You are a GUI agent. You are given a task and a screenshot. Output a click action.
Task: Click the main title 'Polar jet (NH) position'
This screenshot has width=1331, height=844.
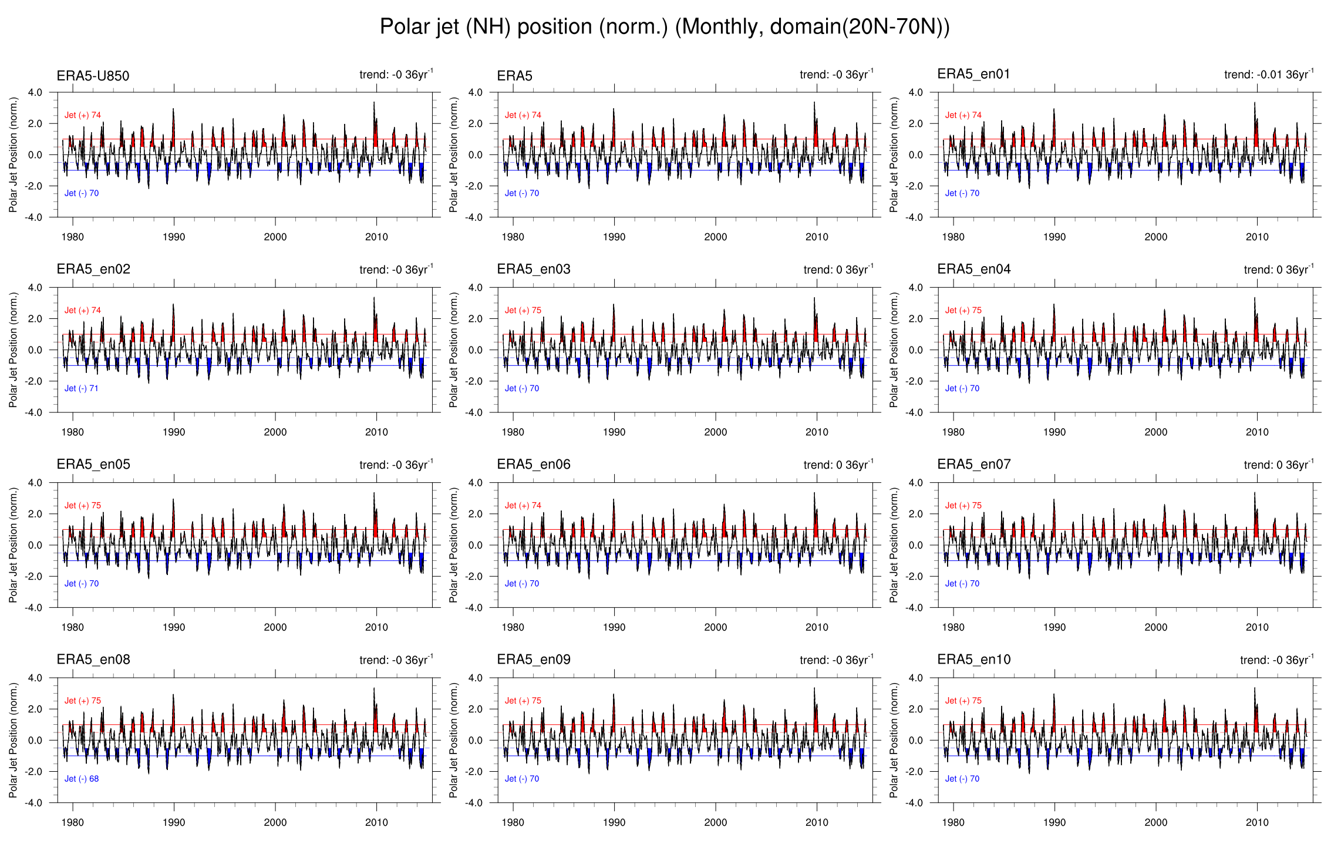point(664,27)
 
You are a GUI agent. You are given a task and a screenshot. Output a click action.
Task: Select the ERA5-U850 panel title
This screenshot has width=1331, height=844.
point(93,76)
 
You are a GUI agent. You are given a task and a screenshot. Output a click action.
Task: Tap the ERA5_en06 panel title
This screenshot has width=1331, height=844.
point(533,465)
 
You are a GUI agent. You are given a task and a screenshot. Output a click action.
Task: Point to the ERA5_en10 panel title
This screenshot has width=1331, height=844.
point(973,660)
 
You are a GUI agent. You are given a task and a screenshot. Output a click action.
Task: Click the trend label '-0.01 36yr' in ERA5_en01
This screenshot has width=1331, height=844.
point(1268,75)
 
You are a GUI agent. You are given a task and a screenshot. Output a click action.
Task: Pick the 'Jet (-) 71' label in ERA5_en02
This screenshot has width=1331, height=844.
point(81,388)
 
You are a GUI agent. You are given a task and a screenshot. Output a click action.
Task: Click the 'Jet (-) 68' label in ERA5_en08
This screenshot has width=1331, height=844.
point(81,779)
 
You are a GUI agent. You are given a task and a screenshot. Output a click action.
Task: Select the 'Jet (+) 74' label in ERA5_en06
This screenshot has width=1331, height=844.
point(523,505)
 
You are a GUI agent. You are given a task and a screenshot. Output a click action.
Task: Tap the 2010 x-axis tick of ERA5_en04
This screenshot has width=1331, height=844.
point(1257,432)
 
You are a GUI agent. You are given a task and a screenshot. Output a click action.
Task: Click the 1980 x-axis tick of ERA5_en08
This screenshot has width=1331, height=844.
point(72,822)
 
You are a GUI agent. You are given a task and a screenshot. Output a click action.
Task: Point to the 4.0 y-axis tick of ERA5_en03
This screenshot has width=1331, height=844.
point(475,288)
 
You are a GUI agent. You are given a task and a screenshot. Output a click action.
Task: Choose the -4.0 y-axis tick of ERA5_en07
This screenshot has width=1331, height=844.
point(915,607)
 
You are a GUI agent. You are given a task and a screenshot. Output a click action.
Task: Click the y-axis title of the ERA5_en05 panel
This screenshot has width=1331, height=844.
point(13,545)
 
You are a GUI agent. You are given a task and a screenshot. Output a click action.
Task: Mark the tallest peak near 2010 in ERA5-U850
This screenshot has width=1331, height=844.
point(374,103)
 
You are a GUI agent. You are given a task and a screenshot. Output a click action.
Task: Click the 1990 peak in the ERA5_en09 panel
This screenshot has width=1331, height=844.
point(614,695)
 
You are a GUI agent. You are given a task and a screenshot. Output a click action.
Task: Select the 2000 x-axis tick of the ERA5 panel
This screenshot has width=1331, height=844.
point(715,237)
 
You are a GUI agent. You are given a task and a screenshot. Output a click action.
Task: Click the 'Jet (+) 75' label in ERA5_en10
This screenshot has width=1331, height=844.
point(963,701)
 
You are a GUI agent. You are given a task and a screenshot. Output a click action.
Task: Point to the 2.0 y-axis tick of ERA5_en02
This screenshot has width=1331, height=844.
point(35,319)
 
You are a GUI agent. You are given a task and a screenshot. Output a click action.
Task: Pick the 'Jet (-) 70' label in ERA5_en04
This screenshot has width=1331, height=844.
point(962,388)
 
